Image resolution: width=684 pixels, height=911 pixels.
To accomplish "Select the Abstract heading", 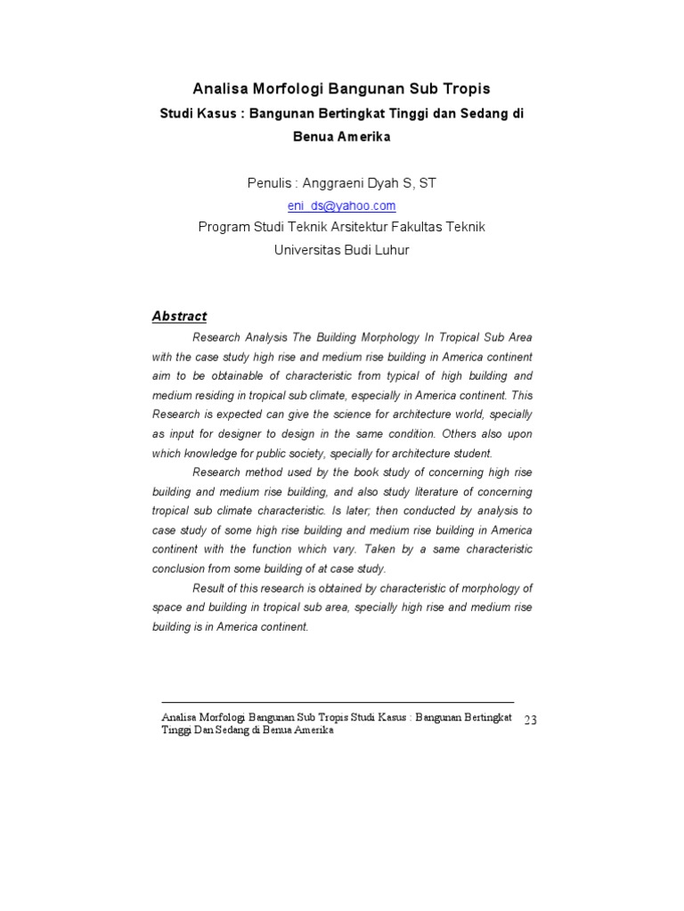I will (x=179, y=316).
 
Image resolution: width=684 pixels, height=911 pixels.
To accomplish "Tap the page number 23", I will (x=531, y=720).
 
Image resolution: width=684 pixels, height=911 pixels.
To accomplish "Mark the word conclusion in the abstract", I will (x=181, y=569).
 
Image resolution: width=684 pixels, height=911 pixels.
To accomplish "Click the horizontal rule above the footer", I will (x=338, y=702).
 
